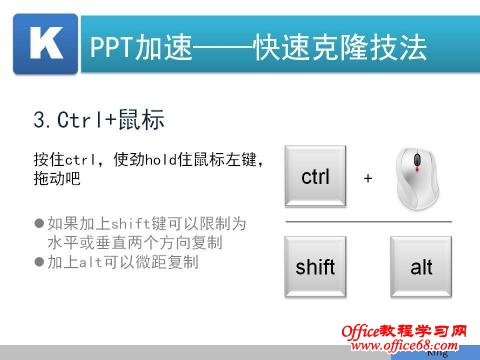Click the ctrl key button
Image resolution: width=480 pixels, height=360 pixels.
pos(315,177)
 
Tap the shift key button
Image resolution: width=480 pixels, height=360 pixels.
pos(315,268)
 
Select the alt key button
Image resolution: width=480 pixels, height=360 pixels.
pos(421,268)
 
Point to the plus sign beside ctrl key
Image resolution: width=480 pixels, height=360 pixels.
pos(368,178)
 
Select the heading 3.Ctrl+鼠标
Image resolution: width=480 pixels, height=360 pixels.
pos(98,120)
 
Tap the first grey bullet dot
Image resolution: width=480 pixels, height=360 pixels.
pos(39,223)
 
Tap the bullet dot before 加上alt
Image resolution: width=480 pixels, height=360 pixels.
pos(39,262)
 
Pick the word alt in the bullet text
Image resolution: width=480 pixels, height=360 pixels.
pos(89,262)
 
